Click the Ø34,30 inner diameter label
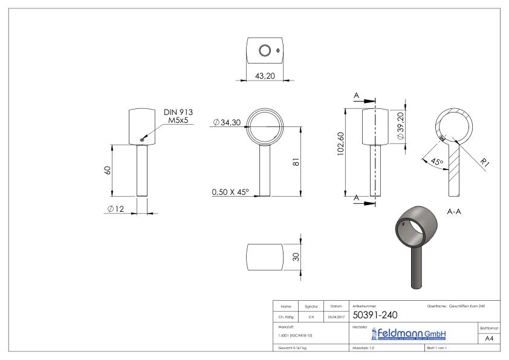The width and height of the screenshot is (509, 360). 227,123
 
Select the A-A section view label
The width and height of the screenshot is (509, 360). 455,212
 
